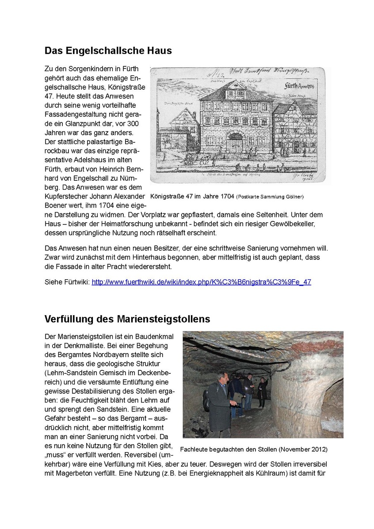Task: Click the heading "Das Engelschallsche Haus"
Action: pyautogui.click(x=108, y=51)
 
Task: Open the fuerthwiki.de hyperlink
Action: pyautogui.click(x=201, y=282)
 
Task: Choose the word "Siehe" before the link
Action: pyautogui.click(x=54, y=282)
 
